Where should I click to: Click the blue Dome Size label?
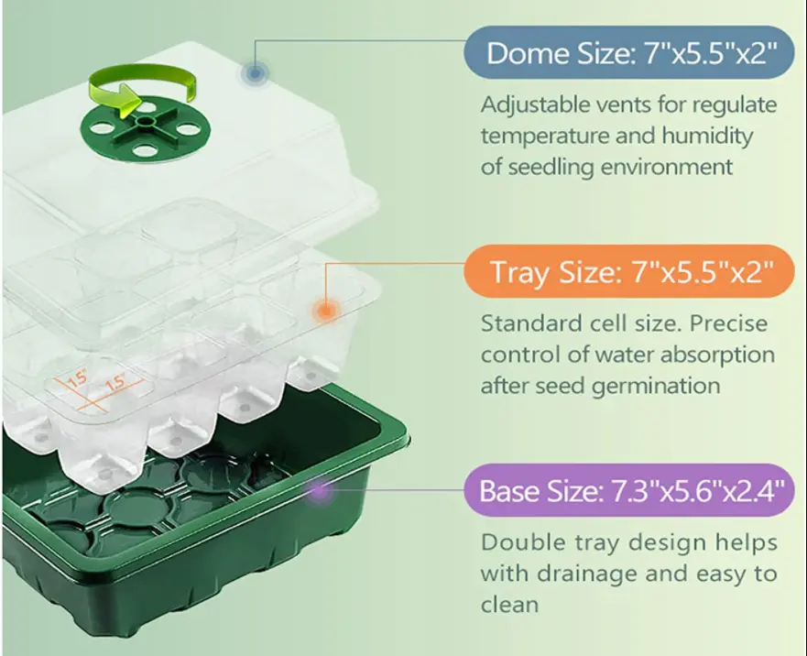click(629, 52)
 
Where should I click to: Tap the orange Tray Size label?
click(629, 271)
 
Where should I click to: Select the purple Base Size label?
click(629, 490)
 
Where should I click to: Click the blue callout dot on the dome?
click(255, 73)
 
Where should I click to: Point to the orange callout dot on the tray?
click(325, 311)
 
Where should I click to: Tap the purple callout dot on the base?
click(320, 490)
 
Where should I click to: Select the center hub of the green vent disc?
click(147, 123)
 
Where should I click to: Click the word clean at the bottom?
click(509, 605)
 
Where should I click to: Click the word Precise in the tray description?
click(728, 323)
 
